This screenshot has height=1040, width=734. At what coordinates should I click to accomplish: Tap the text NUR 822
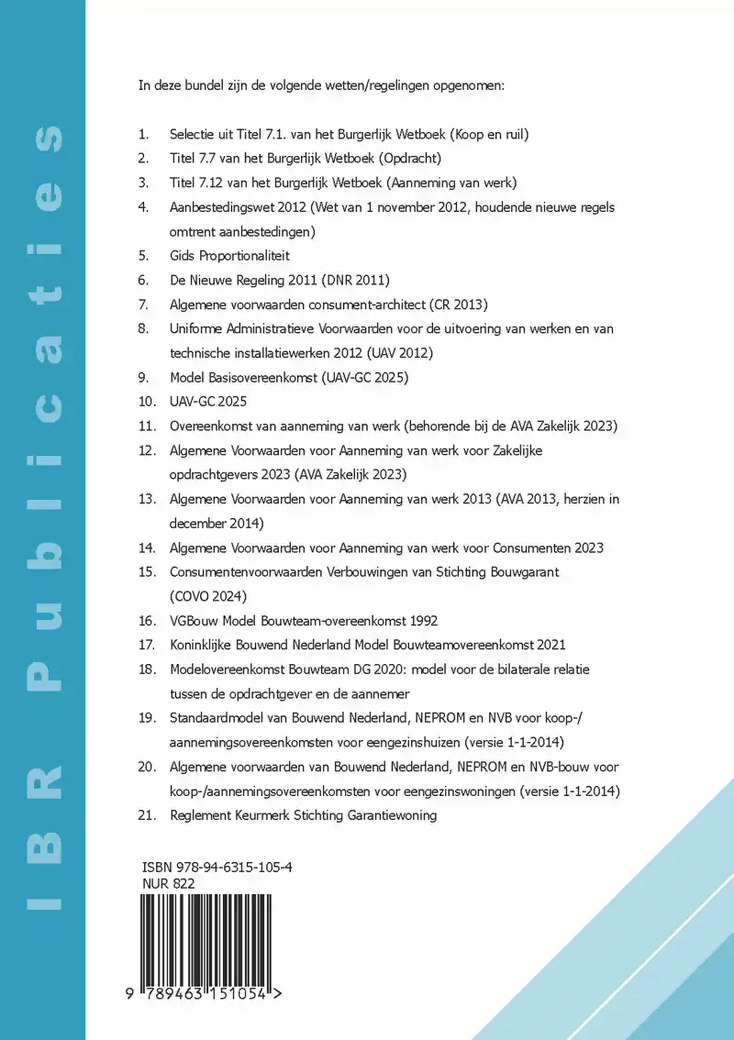tap(169, 883)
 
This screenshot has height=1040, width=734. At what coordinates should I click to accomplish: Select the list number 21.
tap(147, 814)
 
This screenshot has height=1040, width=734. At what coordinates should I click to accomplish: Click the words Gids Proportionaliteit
tap(229, 255)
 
